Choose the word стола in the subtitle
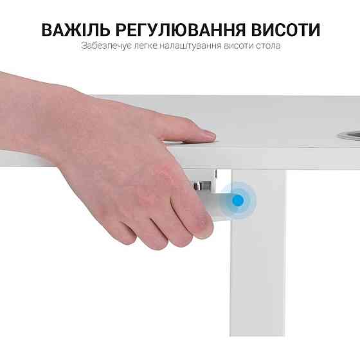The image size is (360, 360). tap(267, 47)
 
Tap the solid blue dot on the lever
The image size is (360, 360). tap(238, 201)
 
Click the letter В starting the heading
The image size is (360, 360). tap(48, 30)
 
